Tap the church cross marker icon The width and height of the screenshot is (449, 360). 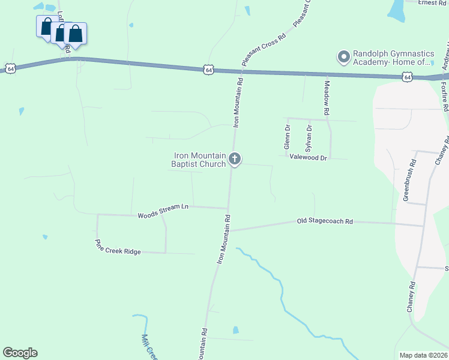click(235, 160)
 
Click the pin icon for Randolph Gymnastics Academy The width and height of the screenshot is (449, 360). click(344, 57)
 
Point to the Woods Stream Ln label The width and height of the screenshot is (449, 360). click(163, 211)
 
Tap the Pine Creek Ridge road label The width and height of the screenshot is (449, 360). click(118, 247)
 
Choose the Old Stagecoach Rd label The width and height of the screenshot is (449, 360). click(324, 221)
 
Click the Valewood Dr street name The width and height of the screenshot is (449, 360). click(308, 158)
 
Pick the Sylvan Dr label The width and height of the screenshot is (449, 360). click(309, 137)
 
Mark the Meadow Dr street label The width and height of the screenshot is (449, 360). click(327, 98)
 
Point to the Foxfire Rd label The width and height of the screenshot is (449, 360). click(444, 97)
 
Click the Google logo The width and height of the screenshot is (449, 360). click(20, 353)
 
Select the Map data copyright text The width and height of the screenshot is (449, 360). click(423, 355)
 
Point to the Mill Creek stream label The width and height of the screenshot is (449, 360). click(148, 347)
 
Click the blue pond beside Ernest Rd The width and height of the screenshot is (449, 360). click(396, 8)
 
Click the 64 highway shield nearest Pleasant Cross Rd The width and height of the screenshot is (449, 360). click(208, 70)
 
